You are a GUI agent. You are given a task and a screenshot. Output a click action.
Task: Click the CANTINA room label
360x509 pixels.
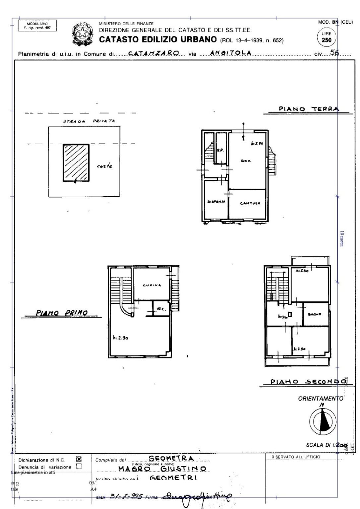pyautogui.click(x=250, y=203)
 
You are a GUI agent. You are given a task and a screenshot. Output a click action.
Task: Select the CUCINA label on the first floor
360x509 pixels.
pyautogui.click(x=152, y=285)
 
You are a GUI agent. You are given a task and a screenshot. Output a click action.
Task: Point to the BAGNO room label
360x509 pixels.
pyautogui.click(x=315, y=314)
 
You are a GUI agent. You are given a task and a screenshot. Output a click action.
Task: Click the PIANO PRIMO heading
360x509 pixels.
pyautogui.click(x=62, y=312)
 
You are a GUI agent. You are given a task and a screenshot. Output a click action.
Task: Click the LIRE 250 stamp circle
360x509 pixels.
pyautogui.click(x=327, y=37)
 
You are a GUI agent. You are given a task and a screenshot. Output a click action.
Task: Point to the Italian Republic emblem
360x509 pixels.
pyautogui.click(x=82, y=33)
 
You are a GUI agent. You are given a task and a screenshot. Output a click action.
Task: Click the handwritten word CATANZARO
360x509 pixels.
pyautogui.click(x=153, y=53)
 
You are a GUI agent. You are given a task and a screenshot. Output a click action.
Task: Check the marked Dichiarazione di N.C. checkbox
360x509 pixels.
pyautogui.click(x=79, y=459)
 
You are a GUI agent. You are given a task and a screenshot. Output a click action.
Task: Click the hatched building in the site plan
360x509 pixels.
pyautogui.click(x=76, y=162)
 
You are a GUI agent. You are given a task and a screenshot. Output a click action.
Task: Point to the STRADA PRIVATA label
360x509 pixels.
pyautogui.click(x=89, y=121)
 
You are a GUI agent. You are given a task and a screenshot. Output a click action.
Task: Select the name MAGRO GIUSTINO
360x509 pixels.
pyautogui.click(x=162, y=469)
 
